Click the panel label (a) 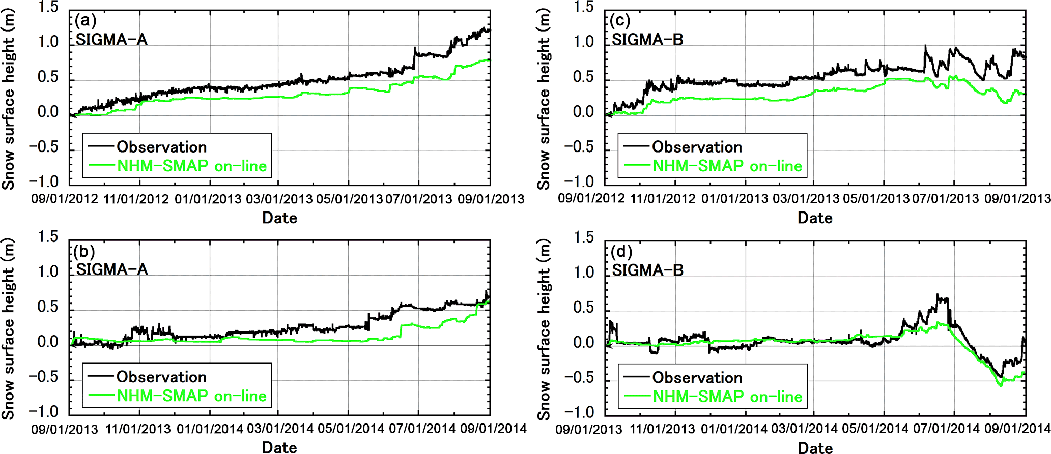[86, 21]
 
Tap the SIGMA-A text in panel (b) [112, 269]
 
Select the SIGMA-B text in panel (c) [647, 40]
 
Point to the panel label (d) [621, 252]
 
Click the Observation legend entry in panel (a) [161, 147]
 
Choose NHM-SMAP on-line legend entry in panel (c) [727, 166]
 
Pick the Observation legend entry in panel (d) [697, 377]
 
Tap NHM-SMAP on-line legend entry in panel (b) [192, 396]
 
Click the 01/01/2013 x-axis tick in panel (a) [208, 199]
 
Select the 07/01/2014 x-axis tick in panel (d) [946, 429]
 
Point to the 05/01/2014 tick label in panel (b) [351, 429]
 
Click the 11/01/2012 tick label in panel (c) [663, 199]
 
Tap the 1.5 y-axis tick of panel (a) [48, 7]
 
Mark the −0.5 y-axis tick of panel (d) [579, 378]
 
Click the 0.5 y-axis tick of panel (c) [583, 77]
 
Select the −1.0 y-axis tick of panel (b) [44, 411]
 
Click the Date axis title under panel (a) [279, 218]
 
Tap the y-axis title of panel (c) [544, 99]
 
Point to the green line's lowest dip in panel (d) [1001, 386]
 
